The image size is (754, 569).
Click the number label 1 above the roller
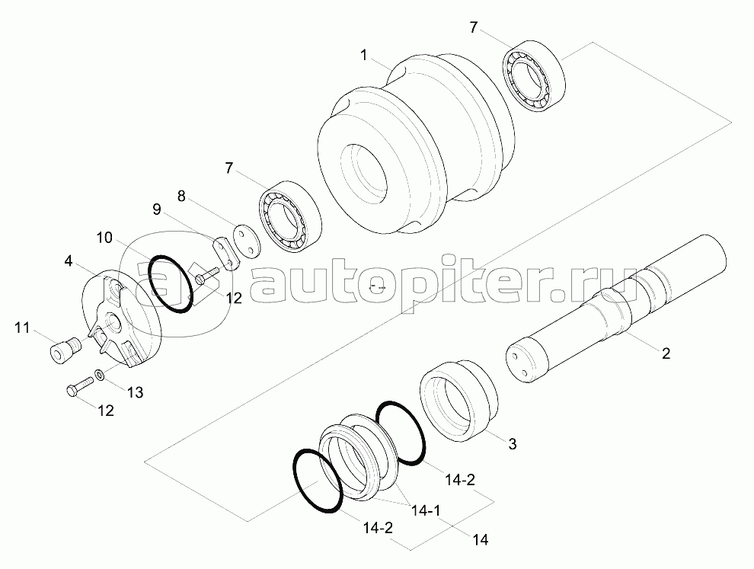365,55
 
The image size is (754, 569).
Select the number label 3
513,444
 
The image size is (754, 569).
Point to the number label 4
69,261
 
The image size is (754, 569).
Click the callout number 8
181,196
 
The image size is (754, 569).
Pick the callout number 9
156,209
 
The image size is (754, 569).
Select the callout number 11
22,328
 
